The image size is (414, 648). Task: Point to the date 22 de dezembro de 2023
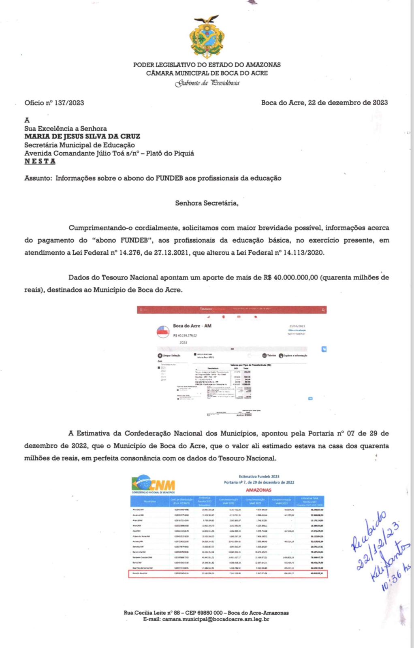348,102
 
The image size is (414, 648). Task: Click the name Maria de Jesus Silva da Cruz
82,136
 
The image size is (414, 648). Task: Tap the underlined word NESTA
40,161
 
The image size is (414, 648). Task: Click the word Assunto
38,178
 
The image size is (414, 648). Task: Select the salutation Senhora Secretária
207,203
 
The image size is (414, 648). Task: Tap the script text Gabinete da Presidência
207,83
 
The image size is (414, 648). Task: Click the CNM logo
153,484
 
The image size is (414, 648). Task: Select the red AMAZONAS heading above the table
258,490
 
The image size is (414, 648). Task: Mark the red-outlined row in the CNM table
228,573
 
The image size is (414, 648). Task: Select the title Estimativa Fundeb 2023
259,477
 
